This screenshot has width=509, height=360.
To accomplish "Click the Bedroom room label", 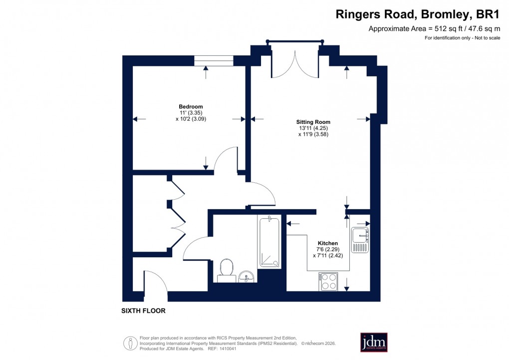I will coord(191,106).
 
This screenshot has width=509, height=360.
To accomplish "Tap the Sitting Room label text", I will coord(313,122).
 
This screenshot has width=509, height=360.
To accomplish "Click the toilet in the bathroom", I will coord(227,268).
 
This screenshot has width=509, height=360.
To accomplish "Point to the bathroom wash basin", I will coord(246,276).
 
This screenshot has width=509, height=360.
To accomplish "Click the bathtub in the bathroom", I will coord(270,242).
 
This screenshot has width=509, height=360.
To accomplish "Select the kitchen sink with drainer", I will coord(359,240).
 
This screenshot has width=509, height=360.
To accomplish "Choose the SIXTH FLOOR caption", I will coord(143,311).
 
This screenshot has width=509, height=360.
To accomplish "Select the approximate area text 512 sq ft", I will coord(434,28).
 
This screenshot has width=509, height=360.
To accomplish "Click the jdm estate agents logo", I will coord(374,342).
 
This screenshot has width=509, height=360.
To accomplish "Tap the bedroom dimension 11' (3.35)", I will coord(191,113).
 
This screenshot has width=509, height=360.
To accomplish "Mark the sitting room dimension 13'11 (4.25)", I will coord(313,128).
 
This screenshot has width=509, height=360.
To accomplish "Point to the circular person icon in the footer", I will coord(130,343).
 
